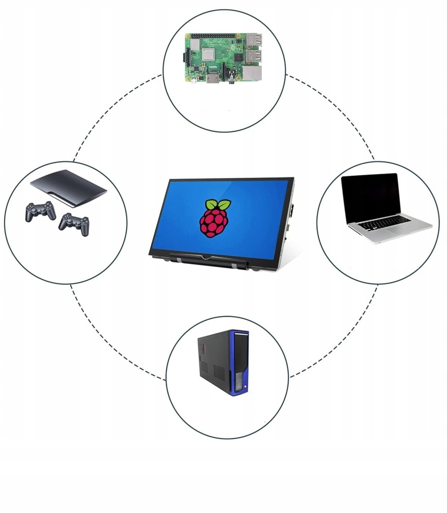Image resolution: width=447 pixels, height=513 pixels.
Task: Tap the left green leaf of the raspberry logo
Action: [x=210, y=204]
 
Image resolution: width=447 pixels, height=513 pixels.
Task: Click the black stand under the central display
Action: [x=210, y=260]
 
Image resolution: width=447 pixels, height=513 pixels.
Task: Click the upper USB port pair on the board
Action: [x=253, y=40]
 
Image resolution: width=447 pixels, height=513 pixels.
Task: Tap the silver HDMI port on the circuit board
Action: [x=212, y=78]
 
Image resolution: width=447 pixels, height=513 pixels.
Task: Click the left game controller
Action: [x=41, y=211]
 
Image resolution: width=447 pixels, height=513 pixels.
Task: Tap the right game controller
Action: [x=74, y=223]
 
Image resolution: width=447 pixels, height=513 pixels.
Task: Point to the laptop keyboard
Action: [x=385, y=222]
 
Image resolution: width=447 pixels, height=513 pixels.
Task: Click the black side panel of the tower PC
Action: [x=213, y=361]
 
